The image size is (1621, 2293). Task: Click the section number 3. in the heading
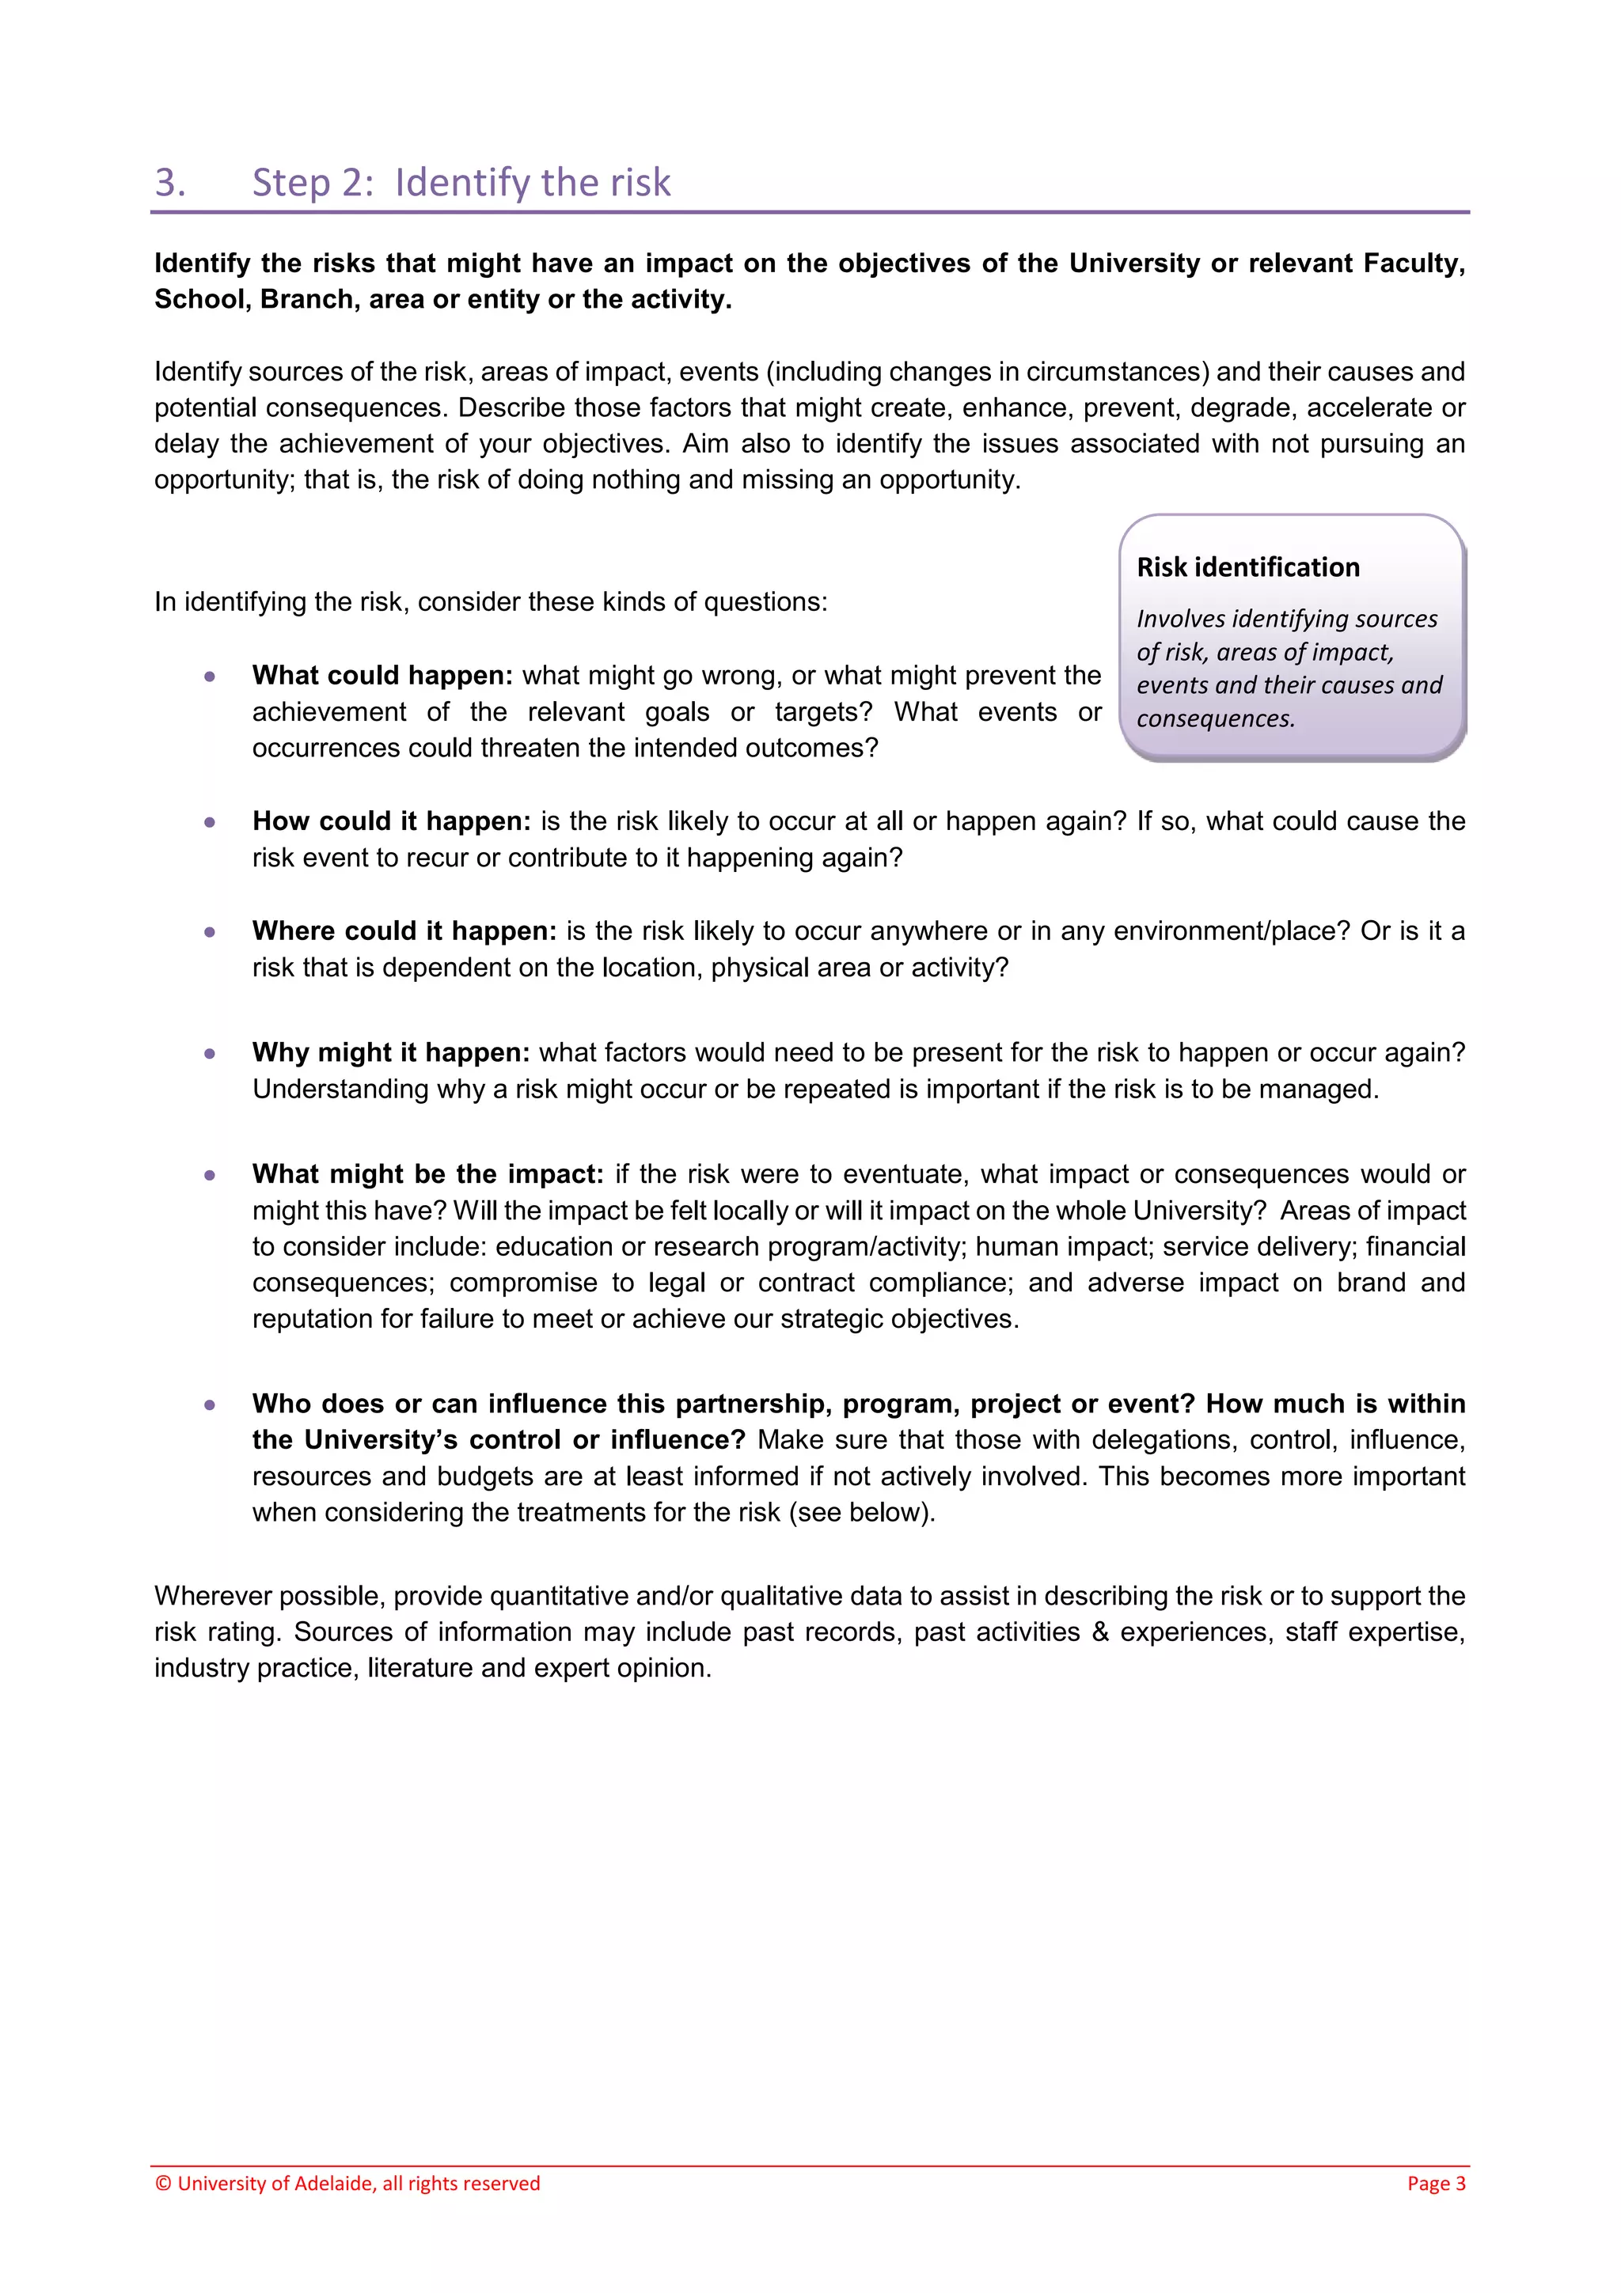(x=170, y=183)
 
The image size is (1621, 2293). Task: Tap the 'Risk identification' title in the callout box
(x=1247, y=567)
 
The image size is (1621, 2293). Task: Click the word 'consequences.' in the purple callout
(x=1214, y=718)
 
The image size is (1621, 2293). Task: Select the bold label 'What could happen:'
(x=382, y=677)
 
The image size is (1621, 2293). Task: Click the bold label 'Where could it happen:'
(x=404, y=932)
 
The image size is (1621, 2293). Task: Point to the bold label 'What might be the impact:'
(x=427, y=1174)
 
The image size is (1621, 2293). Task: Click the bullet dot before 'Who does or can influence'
(x=210, y=1405)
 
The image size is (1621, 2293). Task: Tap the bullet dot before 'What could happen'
(x=210, y=677)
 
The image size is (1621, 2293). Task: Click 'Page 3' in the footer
(x=1435, y=2183)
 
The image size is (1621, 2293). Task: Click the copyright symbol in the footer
(x=163, y=2184)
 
